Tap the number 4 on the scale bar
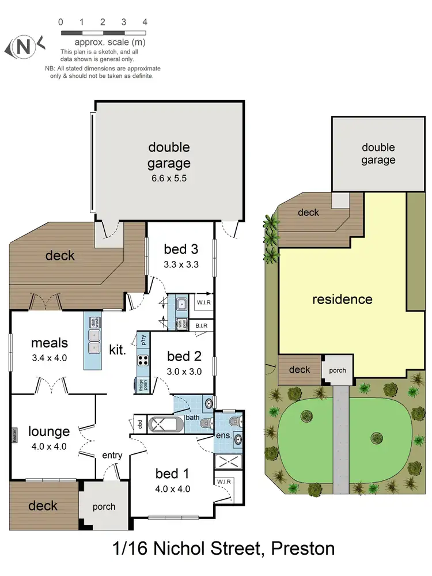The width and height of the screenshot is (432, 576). coord(145,22)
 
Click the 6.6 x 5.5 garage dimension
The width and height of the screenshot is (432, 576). coord(168,178)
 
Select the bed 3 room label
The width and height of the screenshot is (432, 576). coord(180,249)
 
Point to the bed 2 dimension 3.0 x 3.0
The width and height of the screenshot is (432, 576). coord(184,372)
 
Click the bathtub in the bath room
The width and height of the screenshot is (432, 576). coord(165,425)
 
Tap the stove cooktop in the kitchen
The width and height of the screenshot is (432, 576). coord(142,361)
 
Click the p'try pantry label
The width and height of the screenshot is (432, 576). coord(143,340)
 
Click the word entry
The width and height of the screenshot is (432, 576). coord(112,456)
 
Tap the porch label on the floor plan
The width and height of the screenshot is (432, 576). coord(104,507)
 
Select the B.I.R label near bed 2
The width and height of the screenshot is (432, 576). coord(201,326)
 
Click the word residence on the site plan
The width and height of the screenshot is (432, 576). coord(342,300)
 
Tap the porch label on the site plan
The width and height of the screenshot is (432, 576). coord(338,370)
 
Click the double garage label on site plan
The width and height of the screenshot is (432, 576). coord(378,154)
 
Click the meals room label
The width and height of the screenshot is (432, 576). coord(49,343)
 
